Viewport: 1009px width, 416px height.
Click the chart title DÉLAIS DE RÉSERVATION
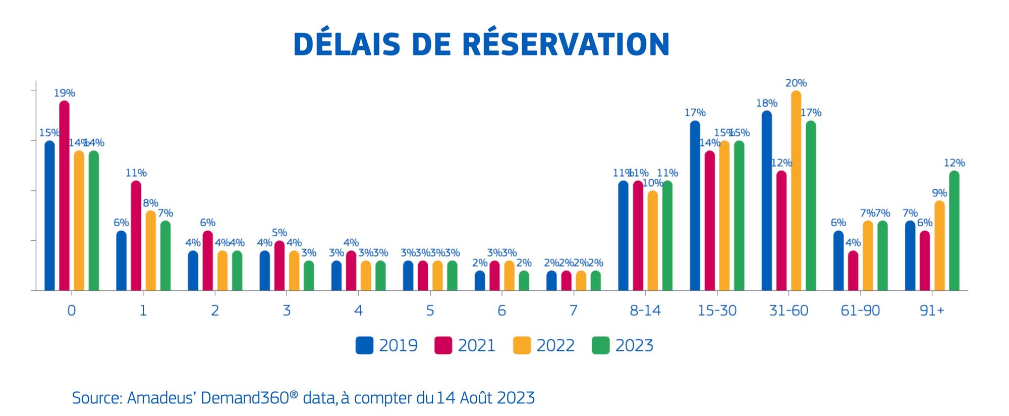481,44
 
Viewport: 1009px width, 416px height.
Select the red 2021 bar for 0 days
65,197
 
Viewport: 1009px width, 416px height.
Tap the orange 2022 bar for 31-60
796,192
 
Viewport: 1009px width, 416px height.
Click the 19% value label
65,93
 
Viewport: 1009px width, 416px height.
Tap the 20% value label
796,83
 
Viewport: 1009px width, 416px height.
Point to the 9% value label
939,193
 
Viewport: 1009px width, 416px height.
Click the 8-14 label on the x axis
645,310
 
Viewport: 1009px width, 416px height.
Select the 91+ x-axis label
931,310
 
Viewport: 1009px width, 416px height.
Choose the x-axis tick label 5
430,310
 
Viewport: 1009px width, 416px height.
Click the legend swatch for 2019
364,345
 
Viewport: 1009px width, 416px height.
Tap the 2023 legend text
634,345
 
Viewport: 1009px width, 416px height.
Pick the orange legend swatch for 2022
522,345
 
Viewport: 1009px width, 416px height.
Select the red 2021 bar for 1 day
136,236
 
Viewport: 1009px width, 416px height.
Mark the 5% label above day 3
279,233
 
